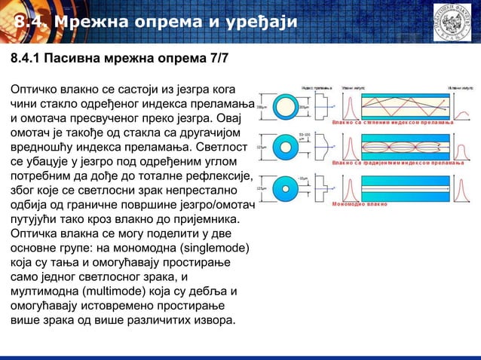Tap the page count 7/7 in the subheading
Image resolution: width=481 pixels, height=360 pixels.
[207, 59]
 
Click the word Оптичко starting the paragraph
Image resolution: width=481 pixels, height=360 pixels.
[35, 90]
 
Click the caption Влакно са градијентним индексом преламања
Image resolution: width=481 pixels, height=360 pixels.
[397, 163]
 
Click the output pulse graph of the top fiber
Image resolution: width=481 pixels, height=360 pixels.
[465, 105]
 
